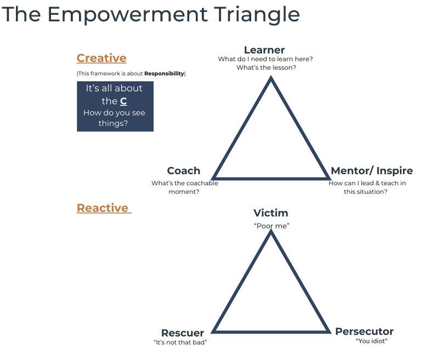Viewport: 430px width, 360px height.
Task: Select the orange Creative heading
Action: pos(101,58)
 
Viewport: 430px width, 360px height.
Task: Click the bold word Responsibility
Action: pos(164,73)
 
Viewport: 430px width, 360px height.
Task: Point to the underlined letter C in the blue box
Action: pos(123,101)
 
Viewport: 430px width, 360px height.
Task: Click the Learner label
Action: pos(264,50)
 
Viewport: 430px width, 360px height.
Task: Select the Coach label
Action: pos(183,171)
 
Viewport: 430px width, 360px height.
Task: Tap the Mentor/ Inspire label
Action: pos(372,171)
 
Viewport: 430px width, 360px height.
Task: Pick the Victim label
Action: pos(271,213)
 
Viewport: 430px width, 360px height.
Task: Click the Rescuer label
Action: pos(183,333)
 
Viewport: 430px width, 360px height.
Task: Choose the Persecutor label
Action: pos(364,332)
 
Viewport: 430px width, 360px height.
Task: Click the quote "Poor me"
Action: pos(271,226)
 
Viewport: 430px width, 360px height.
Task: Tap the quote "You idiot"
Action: pos(372,341)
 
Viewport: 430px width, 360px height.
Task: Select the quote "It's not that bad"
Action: pos(180,342)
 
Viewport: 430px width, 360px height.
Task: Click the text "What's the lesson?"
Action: pos(267,68)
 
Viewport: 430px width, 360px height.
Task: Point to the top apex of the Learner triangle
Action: pos(271,77)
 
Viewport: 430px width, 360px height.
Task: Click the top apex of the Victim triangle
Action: pos(271,230)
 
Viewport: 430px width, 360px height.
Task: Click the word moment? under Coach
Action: pos(184,192)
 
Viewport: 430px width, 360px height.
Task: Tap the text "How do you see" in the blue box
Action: pos(114,113)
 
